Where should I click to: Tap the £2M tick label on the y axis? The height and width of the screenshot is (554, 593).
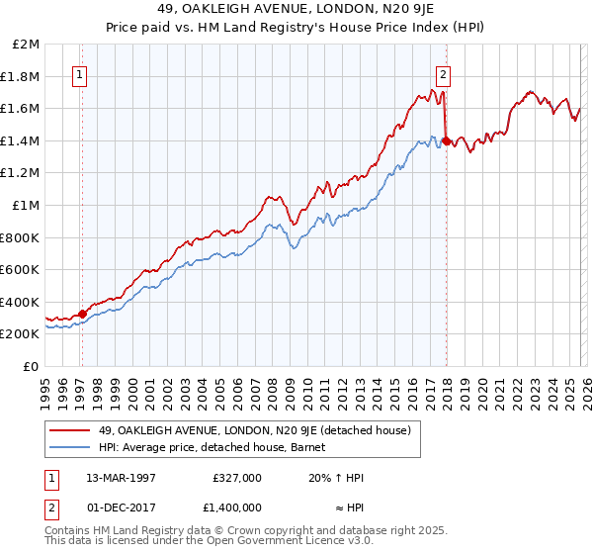[27, 45]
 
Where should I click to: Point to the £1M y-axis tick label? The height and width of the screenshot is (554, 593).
[27, 205]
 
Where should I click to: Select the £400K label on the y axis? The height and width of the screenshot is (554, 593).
[22, 302]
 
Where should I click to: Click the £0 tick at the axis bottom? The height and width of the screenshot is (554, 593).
[33, 366]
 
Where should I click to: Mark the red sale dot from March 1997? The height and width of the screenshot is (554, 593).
[82, 314]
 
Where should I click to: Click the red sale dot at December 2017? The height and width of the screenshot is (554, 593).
[446, 141]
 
